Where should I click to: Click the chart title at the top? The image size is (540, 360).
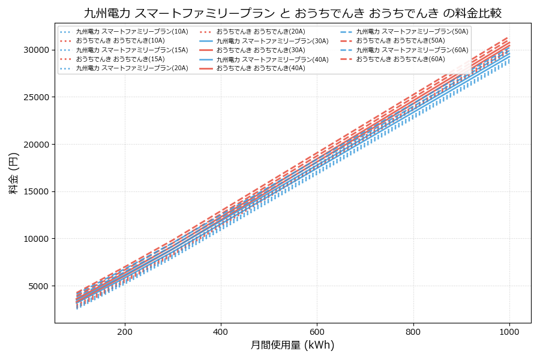tap(292, 13)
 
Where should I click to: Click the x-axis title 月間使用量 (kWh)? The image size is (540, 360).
tap(292, 346)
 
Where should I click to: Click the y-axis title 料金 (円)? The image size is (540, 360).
tap(14, 173)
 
